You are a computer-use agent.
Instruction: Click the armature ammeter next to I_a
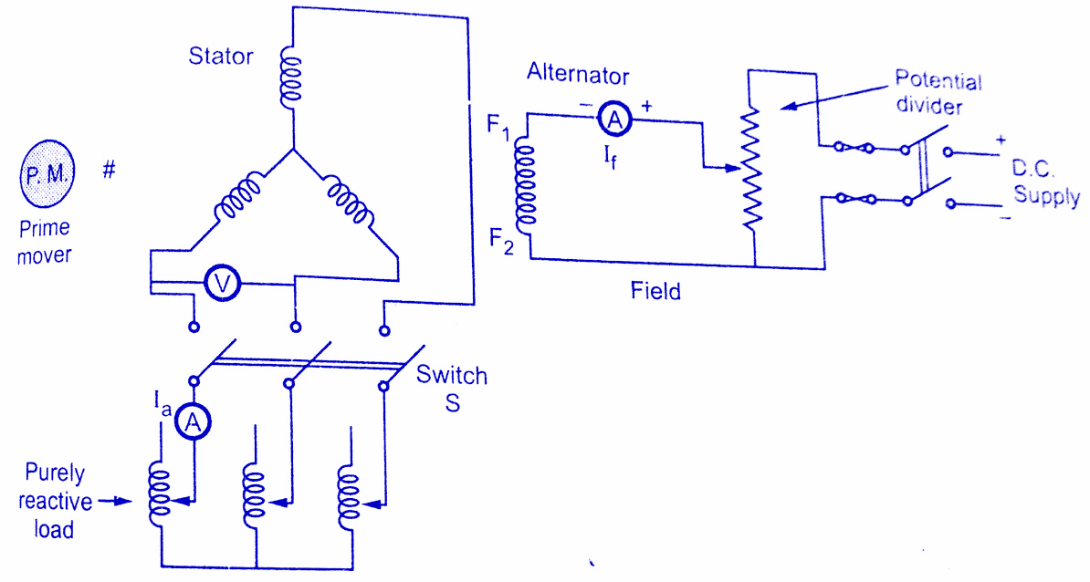click(193, 421)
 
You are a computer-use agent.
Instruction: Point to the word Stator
click(221, 57)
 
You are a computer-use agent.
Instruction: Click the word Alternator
click(578, 76)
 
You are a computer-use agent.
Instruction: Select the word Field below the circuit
click(655, 292)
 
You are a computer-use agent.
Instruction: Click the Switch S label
click(452, 388)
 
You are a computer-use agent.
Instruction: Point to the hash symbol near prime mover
click(109, 169)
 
